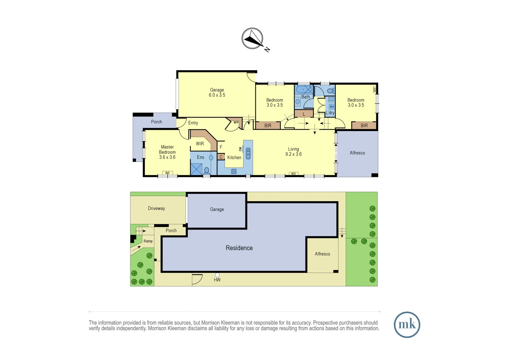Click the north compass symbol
(x=253, y=39)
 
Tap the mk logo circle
(x=407, y=325)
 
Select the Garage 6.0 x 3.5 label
(x=217, y=92)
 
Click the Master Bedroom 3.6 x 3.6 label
(x=167, y=152)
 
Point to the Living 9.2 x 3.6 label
(x=293, y=152)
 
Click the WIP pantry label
(x=236, y=123)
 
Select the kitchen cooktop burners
(x=234, y=171)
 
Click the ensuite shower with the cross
(x=196, y=169)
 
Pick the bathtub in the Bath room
(x=303, y=89)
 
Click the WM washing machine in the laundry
(x=331, y=107)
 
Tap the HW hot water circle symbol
(x=217, y=275)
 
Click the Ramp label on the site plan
(x=148, y=241)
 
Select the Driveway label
(x=156, y=208)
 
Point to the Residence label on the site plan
(x=239, y=248)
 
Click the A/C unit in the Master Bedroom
(x=168, y=173)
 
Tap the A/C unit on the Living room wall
(x=293, y=174)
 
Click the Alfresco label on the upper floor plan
(x=357, y=153)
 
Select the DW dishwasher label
(x=240, y=149)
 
